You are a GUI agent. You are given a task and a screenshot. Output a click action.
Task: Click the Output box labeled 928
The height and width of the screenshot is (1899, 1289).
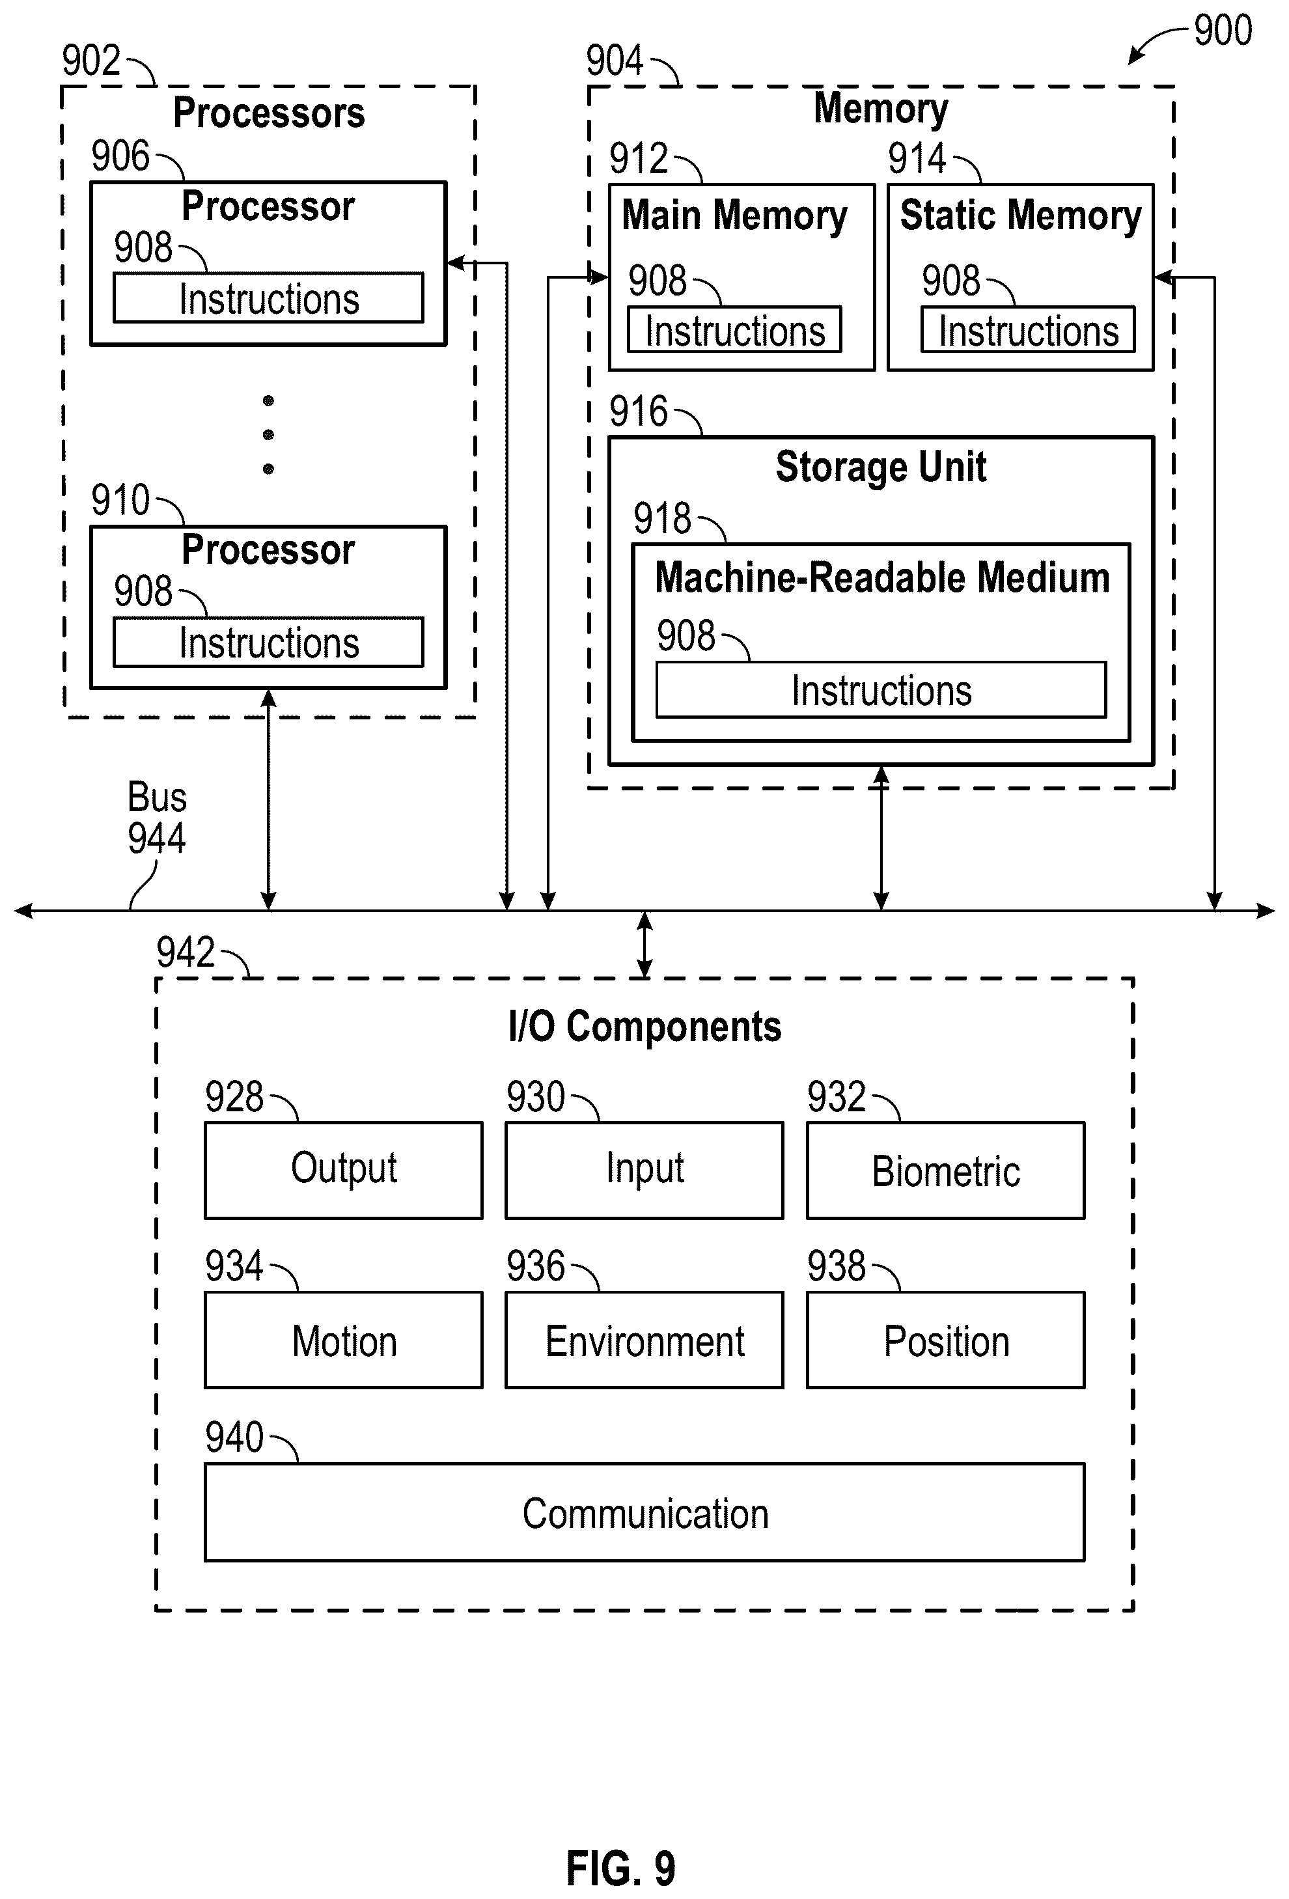(x=343, y=1170)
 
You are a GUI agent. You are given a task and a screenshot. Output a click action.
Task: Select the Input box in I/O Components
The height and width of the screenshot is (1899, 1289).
(x=644, y=1170)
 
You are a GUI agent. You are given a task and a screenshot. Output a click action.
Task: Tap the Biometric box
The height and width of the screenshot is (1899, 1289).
(x=946, y=1170)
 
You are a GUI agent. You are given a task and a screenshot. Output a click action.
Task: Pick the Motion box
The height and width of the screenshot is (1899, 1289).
(x=343, y=1340)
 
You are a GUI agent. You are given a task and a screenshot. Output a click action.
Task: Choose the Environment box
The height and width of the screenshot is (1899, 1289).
(x=644, y=1340)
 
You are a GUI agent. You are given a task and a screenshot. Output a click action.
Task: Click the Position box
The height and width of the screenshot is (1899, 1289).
(x=946, y=1340)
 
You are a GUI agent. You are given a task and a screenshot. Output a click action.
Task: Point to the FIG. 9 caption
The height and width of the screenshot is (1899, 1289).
(x=620, y=1868)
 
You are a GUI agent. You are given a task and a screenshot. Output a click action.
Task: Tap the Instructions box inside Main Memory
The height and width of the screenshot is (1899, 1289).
(x=734, y=329)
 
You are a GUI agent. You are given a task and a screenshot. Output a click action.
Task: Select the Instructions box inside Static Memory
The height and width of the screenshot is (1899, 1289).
(x=1027, y=329)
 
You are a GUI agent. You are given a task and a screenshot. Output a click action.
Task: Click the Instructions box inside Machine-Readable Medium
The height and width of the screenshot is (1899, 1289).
(x=881, y=689)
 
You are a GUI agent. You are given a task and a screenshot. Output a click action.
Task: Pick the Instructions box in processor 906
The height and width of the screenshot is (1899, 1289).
(x=268, y=298)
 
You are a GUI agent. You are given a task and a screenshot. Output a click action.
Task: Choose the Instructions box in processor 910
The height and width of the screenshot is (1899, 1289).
(x=268, y=641)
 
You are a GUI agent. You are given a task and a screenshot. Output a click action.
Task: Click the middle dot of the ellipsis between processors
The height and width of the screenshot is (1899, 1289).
(x=268, y=435)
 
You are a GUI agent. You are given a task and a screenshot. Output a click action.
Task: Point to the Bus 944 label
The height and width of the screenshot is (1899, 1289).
(x=156, y=817)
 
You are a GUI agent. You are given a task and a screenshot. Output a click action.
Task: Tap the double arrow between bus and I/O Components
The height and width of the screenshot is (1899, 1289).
(x=644, y=945)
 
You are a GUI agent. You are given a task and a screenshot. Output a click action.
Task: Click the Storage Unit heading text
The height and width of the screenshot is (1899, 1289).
(x=881, y=467)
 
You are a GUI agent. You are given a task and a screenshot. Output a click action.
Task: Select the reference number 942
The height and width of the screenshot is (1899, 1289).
(x=186, y=952)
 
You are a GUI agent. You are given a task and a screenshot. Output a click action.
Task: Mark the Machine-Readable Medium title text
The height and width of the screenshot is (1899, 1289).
(x=882, y=577)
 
